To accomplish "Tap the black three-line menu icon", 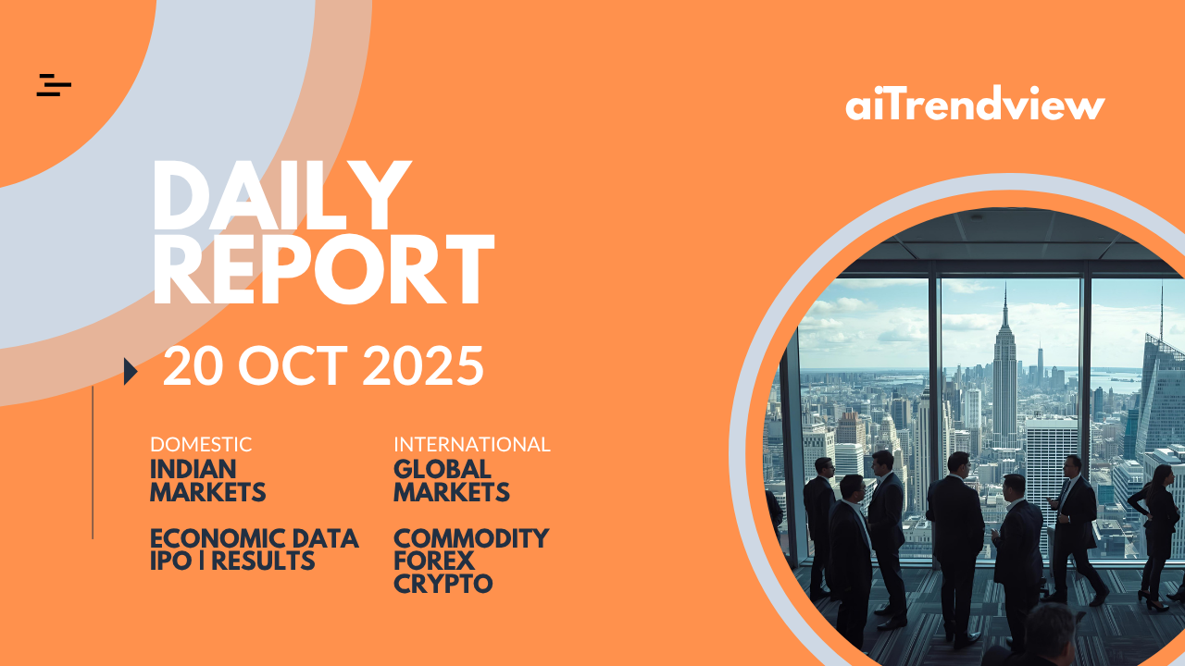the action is pos(54,85).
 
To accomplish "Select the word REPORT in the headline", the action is pos(324,269).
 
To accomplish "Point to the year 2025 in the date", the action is pos(423,365).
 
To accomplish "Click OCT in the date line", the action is pos(293,365).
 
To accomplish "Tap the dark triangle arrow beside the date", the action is pos(131,371).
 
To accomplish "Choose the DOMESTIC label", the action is pos(201,445).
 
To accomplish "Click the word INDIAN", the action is pos(193,469).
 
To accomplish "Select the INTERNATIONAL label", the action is pos(472,445).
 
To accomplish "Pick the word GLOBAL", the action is pos(443,469).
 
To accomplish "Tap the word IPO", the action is pos(171,561).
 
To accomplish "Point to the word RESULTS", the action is pos(263,561).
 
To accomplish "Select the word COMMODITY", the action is pos(471,538).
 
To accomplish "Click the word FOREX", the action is pos(434,561).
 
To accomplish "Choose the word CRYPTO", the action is pos(443,584).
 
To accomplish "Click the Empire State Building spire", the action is pos(1005,305).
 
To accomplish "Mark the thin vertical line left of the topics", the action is pos(93,462).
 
